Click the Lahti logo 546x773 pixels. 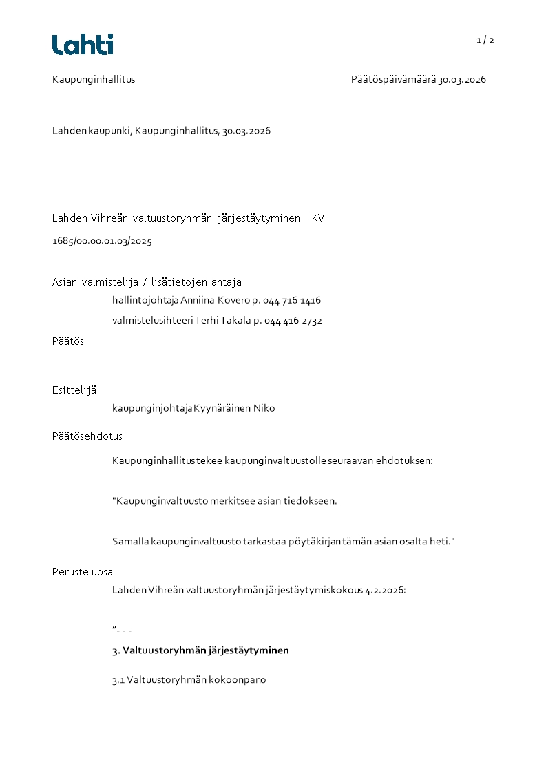[x=83, y=45]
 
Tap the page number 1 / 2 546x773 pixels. [x=485, y=40]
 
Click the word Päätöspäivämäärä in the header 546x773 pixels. [x=393, y=79]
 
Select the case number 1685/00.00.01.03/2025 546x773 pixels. [x=102, y=241]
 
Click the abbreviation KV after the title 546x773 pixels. [x=317, y=218]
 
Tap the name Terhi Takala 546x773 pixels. [x=218, y=320]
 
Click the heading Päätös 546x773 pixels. [x=67, y=341]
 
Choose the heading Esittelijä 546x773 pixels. [x=74, y=390]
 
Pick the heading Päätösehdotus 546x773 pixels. [x=87, y=436]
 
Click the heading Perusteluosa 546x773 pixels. [x=83, y=571]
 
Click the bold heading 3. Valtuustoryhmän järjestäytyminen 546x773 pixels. [x=200, y=650]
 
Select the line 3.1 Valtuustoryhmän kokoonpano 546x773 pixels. [x=189, y=679]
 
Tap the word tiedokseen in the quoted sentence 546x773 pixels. [x=310, y=500]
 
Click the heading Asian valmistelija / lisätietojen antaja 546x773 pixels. [x=147, y=282]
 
